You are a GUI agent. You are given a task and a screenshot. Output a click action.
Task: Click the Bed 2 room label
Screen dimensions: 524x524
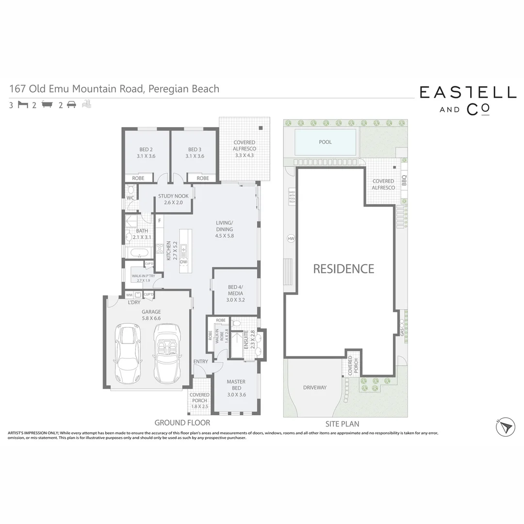146,152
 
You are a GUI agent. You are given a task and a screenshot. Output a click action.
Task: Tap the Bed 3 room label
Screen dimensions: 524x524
195,152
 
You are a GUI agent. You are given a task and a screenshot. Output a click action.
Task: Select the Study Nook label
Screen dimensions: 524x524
173,199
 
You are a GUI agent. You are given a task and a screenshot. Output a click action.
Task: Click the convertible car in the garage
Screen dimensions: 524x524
167,353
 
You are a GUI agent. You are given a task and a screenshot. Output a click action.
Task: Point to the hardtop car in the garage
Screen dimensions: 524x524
128,354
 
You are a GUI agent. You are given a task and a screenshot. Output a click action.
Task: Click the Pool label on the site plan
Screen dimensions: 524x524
325,142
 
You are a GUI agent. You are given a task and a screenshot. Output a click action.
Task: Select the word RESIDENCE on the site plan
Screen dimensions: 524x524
344,269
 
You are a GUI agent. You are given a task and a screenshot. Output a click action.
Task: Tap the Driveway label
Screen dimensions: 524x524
315,388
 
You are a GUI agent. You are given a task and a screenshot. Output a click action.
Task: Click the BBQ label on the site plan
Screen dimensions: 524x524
404,181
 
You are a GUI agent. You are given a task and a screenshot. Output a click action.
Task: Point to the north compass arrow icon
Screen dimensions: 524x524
505,426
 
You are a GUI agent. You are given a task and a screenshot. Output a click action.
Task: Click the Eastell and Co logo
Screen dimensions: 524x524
467,100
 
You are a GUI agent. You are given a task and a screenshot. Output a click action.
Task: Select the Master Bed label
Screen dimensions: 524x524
236,388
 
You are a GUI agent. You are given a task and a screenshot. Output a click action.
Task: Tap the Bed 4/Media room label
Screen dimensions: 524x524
235,294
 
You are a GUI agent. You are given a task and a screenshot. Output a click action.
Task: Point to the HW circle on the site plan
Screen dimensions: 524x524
291,239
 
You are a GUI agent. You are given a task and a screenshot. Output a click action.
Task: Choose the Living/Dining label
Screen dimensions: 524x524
225,229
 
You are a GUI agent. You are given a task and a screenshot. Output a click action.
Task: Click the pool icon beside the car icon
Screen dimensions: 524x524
86,104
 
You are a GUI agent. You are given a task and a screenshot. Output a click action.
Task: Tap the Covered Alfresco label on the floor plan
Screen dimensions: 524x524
244,149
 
